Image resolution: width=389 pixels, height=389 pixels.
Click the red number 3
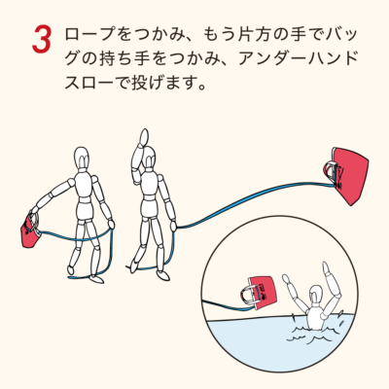tap(42, 40)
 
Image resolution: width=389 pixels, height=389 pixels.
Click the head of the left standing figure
tap(82, 159)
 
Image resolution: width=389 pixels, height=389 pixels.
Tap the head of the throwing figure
tap(149, 159)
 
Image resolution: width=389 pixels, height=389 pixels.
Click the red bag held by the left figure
tap(31, 230)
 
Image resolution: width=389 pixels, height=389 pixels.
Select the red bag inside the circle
tap(262, 291)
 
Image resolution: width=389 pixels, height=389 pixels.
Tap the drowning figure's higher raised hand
tap(326, 268)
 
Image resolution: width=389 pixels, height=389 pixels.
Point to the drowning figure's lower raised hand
tap(285, 278)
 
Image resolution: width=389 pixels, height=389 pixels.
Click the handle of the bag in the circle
tap(247, 295)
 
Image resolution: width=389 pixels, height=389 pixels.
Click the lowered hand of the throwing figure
tap(173, 226)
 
